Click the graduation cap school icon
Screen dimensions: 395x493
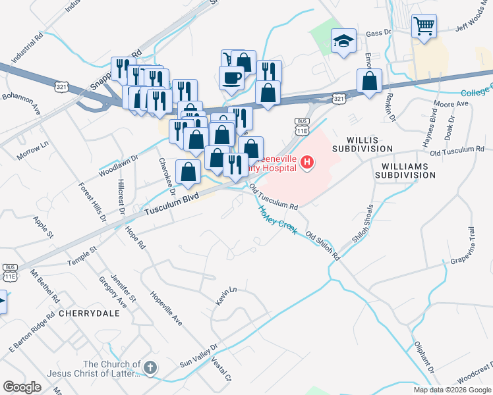click(343, 42)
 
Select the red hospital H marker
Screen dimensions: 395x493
click(306, 161)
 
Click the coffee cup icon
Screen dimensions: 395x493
click(231, 77)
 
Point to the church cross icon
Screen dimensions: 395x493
click(150, 368)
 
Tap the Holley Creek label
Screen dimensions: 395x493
click(277, 220)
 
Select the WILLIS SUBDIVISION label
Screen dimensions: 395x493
click(370, 149)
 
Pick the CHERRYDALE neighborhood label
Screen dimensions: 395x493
click(89, 313)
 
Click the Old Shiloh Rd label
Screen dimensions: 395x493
click(322, 245)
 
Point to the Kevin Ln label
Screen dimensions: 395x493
click(225, 296)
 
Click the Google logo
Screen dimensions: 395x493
click(22, 386)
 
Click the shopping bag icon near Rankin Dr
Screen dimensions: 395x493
click(370, 82)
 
